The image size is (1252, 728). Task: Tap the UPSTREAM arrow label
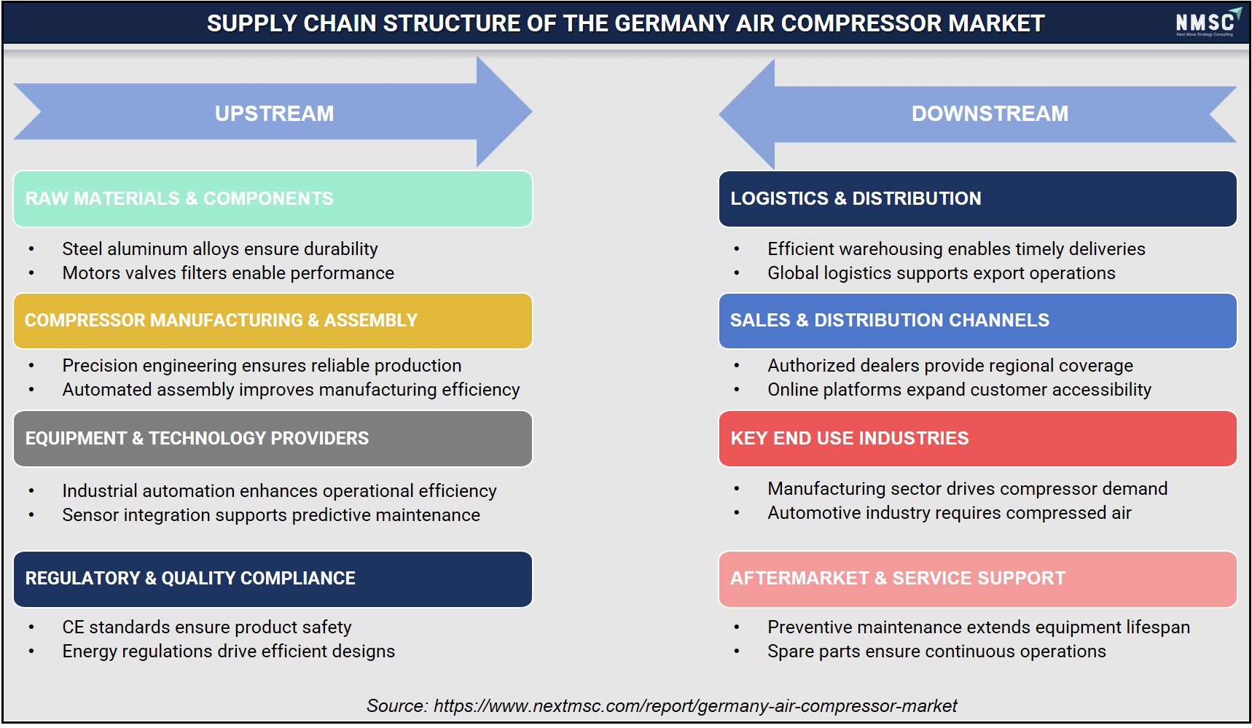[x=274, y=114]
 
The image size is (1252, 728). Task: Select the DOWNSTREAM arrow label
[x=990, y=114]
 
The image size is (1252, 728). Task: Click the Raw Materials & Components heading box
[x=273, y=199]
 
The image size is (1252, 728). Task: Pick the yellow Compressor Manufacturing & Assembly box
[x=273, y=321]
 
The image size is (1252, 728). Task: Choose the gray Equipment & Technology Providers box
[x=273, y=439]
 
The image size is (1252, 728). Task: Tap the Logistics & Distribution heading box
[x=977, y=199]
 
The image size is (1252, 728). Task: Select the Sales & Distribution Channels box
[x=977, y=321]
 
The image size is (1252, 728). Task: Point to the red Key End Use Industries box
[x=977, y=439]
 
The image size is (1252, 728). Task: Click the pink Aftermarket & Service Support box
[x=977, y=579]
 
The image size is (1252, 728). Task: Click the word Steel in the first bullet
[x=82, y=249]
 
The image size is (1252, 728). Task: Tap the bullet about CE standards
[x=207, y=627]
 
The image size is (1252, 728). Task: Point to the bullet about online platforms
[x=959, y=390]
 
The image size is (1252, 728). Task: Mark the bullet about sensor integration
[x=271, y=515]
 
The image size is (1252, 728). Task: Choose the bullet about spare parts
[x=936, y=651]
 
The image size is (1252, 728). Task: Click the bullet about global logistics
[x=942, y=273]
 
